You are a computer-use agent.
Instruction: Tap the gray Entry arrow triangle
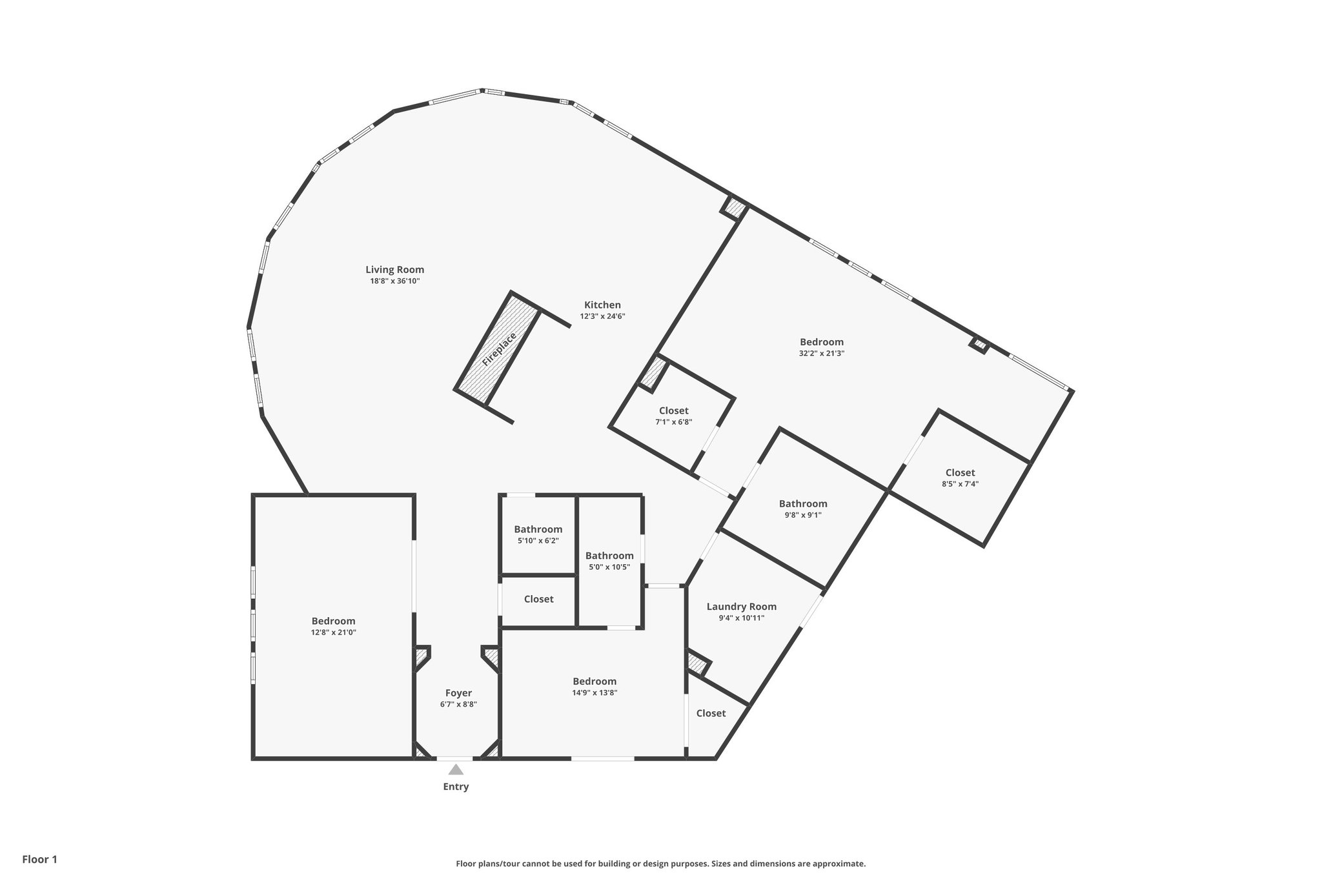point(456,769)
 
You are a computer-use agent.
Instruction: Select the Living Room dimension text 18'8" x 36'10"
point(394,281)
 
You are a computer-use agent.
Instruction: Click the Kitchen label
point(602,305)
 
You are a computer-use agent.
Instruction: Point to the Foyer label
point(458,693)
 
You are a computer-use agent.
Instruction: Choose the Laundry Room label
point(741,607)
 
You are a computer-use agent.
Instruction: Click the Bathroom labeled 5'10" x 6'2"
point(538,529)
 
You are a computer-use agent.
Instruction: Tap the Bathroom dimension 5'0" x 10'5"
point(609,567)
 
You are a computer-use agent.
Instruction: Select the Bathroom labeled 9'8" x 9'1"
point(802,504)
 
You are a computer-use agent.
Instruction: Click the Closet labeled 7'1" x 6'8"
point(673,411)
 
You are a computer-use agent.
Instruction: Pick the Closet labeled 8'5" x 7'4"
point(960,473)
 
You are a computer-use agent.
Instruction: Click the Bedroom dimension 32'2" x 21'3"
point(821,354)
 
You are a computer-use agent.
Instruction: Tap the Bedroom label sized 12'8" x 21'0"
point(333,622)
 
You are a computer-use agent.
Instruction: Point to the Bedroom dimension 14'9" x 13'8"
point(595,693)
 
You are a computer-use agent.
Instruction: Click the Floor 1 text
point(40,859)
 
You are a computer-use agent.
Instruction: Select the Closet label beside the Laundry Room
point(711,713)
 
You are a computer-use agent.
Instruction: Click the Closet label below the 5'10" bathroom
point(538,599)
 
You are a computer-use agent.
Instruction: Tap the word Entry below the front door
point(456,787)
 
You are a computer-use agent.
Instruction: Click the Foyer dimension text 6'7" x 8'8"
point(458,705)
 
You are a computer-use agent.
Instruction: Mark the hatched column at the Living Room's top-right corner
point(734,208)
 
